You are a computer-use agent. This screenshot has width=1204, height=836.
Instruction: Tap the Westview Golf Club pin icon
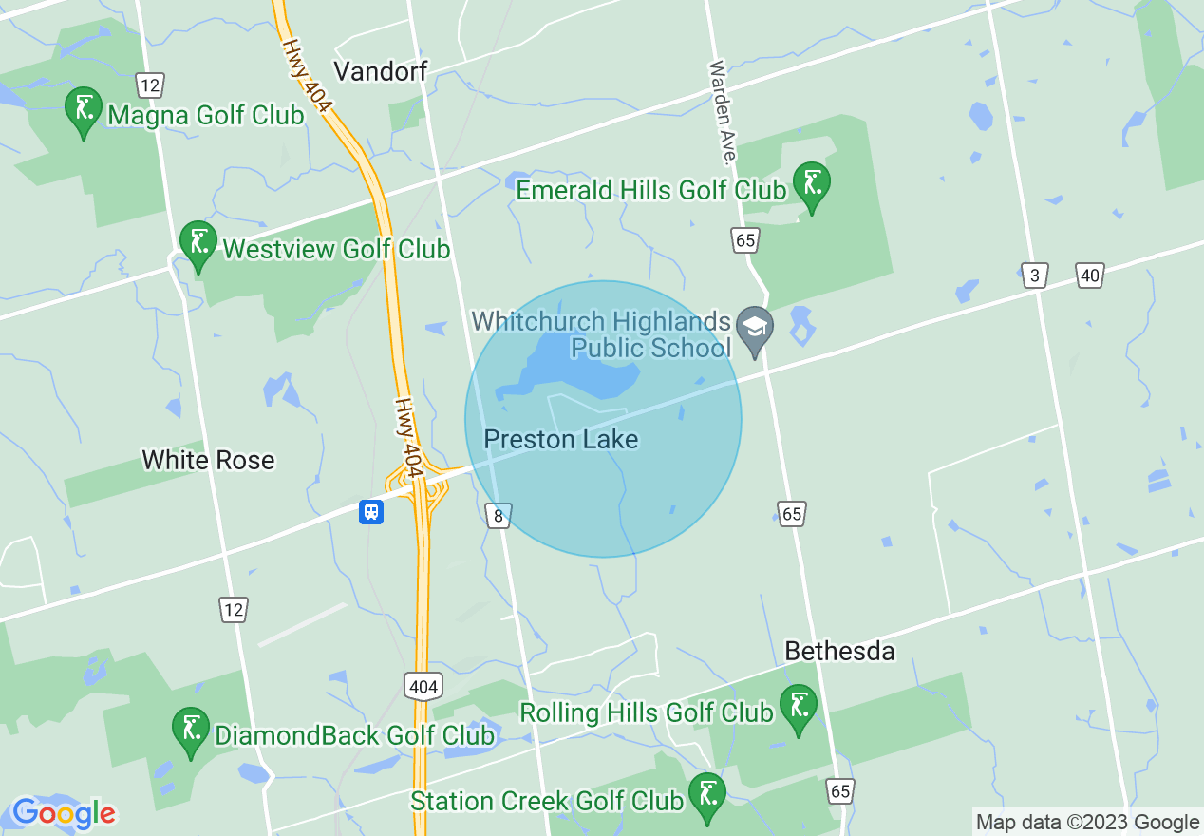[x=198, y=244]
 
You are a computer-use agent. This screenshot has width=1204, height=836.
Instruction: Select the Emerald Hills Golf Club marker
[x=812, y=184]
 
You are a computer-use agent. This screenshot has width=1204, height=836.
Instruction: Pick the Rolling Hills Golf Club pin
[x=799, y=708]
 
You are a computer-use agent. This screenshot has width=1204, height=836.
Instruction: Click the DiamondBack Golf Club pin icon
[x=191, y=730]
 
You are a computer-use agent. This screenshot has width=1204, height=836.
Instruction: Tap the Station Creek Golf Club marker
[x=706, y=796]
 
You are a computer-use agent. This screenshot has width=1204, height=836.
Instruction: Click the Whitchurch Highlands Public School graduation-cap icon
[x=755, y=329]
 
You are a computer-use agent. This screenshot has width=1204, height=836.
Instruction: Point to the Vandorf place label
[x=381, y=70]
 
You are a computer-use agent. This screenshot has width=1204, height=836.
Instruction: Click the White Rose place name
[x=208, y=460]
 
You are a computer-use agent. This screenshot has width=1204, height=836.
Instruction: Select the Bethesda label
[x=839, y=651]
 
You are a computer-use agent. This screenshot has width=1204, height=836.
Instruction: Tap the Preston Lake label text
[x=561, y=439]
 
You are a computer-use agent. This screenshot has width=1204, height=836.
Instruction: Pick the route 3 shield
[x=1035, y=275]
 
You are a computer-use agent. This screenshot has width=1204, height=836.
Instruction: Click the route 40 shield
[x=1090, y=275]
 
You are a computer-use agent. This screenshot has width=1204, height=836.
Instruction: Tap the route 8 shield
[x=499, y=515]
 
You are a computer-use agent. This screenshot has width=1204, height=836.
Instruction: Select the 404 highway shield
[x=423, y=686]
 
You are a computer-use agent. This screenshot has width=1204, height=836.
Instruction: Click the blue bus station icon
[x=370, y=512]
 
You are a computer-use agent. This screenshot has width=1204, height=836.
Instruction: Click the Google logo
[x=64, y=813]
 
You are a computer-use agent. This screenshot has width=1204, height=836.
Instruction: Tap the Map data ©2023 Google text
[x=1088, y=823]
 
